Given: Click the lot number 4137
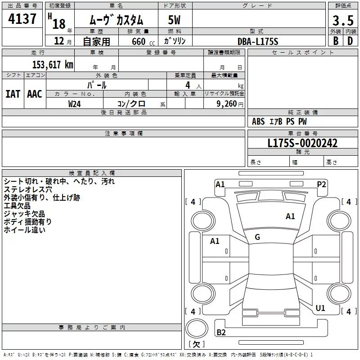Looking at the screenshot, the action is tap(22, 19).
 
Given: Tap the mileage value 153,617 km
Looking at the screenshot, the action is tap(52, 65).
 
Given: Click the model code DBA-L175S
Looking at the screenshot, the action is tap(258, 41).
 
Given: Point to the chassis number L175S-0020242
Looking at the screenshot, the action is tap(302, 143).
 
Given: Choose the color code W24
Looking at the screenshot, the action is tap(75, 103).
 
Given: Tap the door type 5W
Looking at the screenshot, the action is tap(175, 20).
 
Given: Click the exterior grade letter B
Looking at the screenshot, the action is tap(335, 41).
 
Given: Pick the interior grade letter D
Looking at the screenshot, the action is tap(350, 41).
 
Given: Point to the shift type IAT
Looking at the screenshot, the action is tap(13, 94).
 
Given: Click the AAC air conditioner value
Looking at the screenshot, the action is tap(35, 94).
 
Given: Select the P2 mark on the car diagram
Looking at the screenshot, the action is tap(321, 184).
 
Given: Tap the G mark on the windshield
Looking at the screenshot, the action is tap(257, 237).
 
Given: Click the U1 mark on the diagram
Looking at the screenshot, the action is tap(320, 308).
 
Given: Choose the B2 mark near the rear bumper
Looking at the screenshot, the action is tap(221, 333).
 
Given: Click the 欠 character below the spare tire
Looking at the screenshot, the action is tap(196, 344).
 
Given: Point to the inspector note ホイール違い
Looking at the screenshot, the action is tap(24, 230).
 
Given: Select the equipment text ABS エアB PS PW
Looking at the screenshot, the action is tap(279, 121).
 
